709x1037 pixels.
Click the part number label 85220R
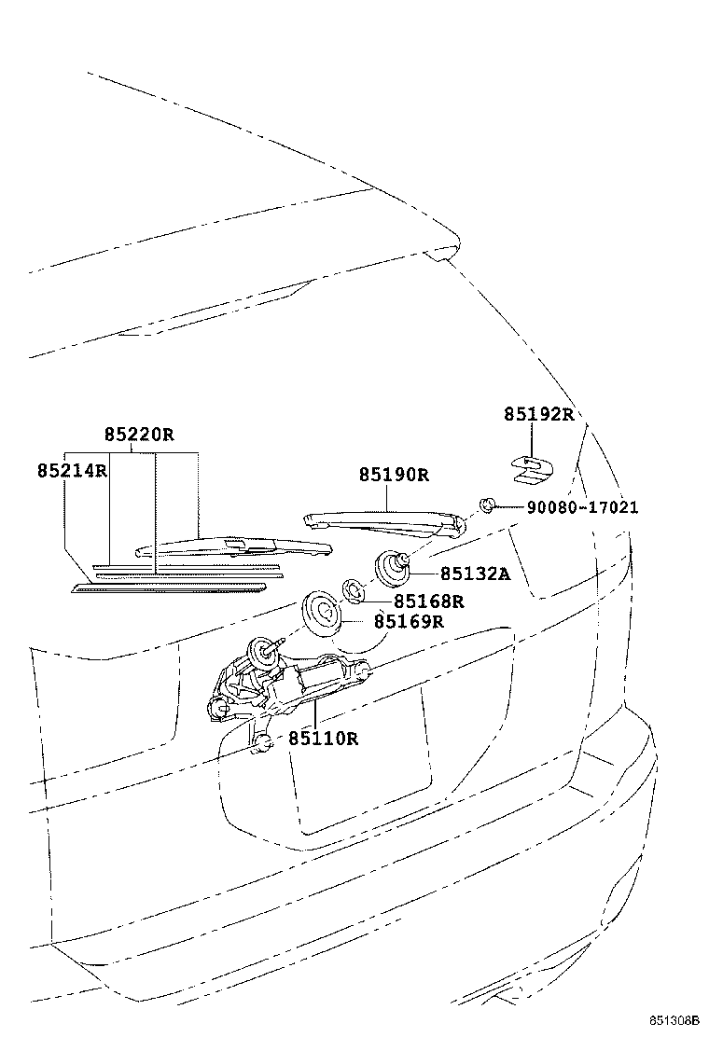pyautogui.click(x=139, y=434)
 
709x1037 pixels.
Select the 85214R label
pyautogui.click(x=73, y=471)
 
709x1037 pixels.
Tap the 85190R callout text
pyautogui.click(x=394, y=475)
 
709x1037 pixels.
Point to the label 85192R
pyautogui.click(x=539, y=414)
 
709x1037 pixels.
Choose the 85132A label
pyautogui.click(x=475, y=574)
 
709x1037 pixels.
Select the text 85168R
pyautogui.click(x=428, y=601)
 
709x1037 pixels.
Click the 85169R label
pyautogui.click(x=409, y=621)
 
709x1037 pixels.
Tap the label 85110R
pyautogui.click(x=323, y=739)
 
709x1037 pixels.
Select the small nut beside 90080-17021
pyautogui.click(x=486, y=505)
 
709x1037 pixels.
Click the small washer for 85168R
pyautogui.click(x=354, y=589)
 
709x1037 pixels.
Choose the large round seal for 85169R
pyautogui.click(x=322, y=613)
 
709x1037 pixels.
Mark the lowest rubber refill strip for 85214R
pyautogui.click(x=168, y=588)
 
